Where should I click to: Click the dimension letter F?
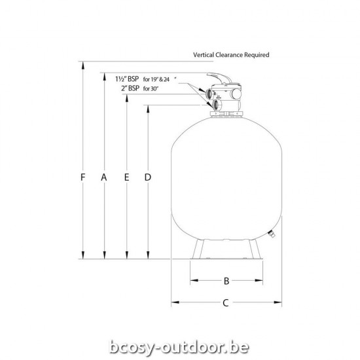(82, 177)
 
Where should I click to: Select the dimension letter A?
(105, 177)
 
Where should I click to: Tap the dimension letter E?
(126, 177)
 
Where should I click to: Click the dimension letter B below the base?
(226, 281)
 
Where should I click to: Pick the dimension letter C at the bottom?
(226, 302)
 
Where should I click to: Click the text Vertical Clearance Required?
(231, 56)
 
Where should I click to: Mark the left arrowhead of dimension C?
(173, 302)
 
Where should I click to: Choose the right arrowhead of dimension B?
(261, 281)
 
